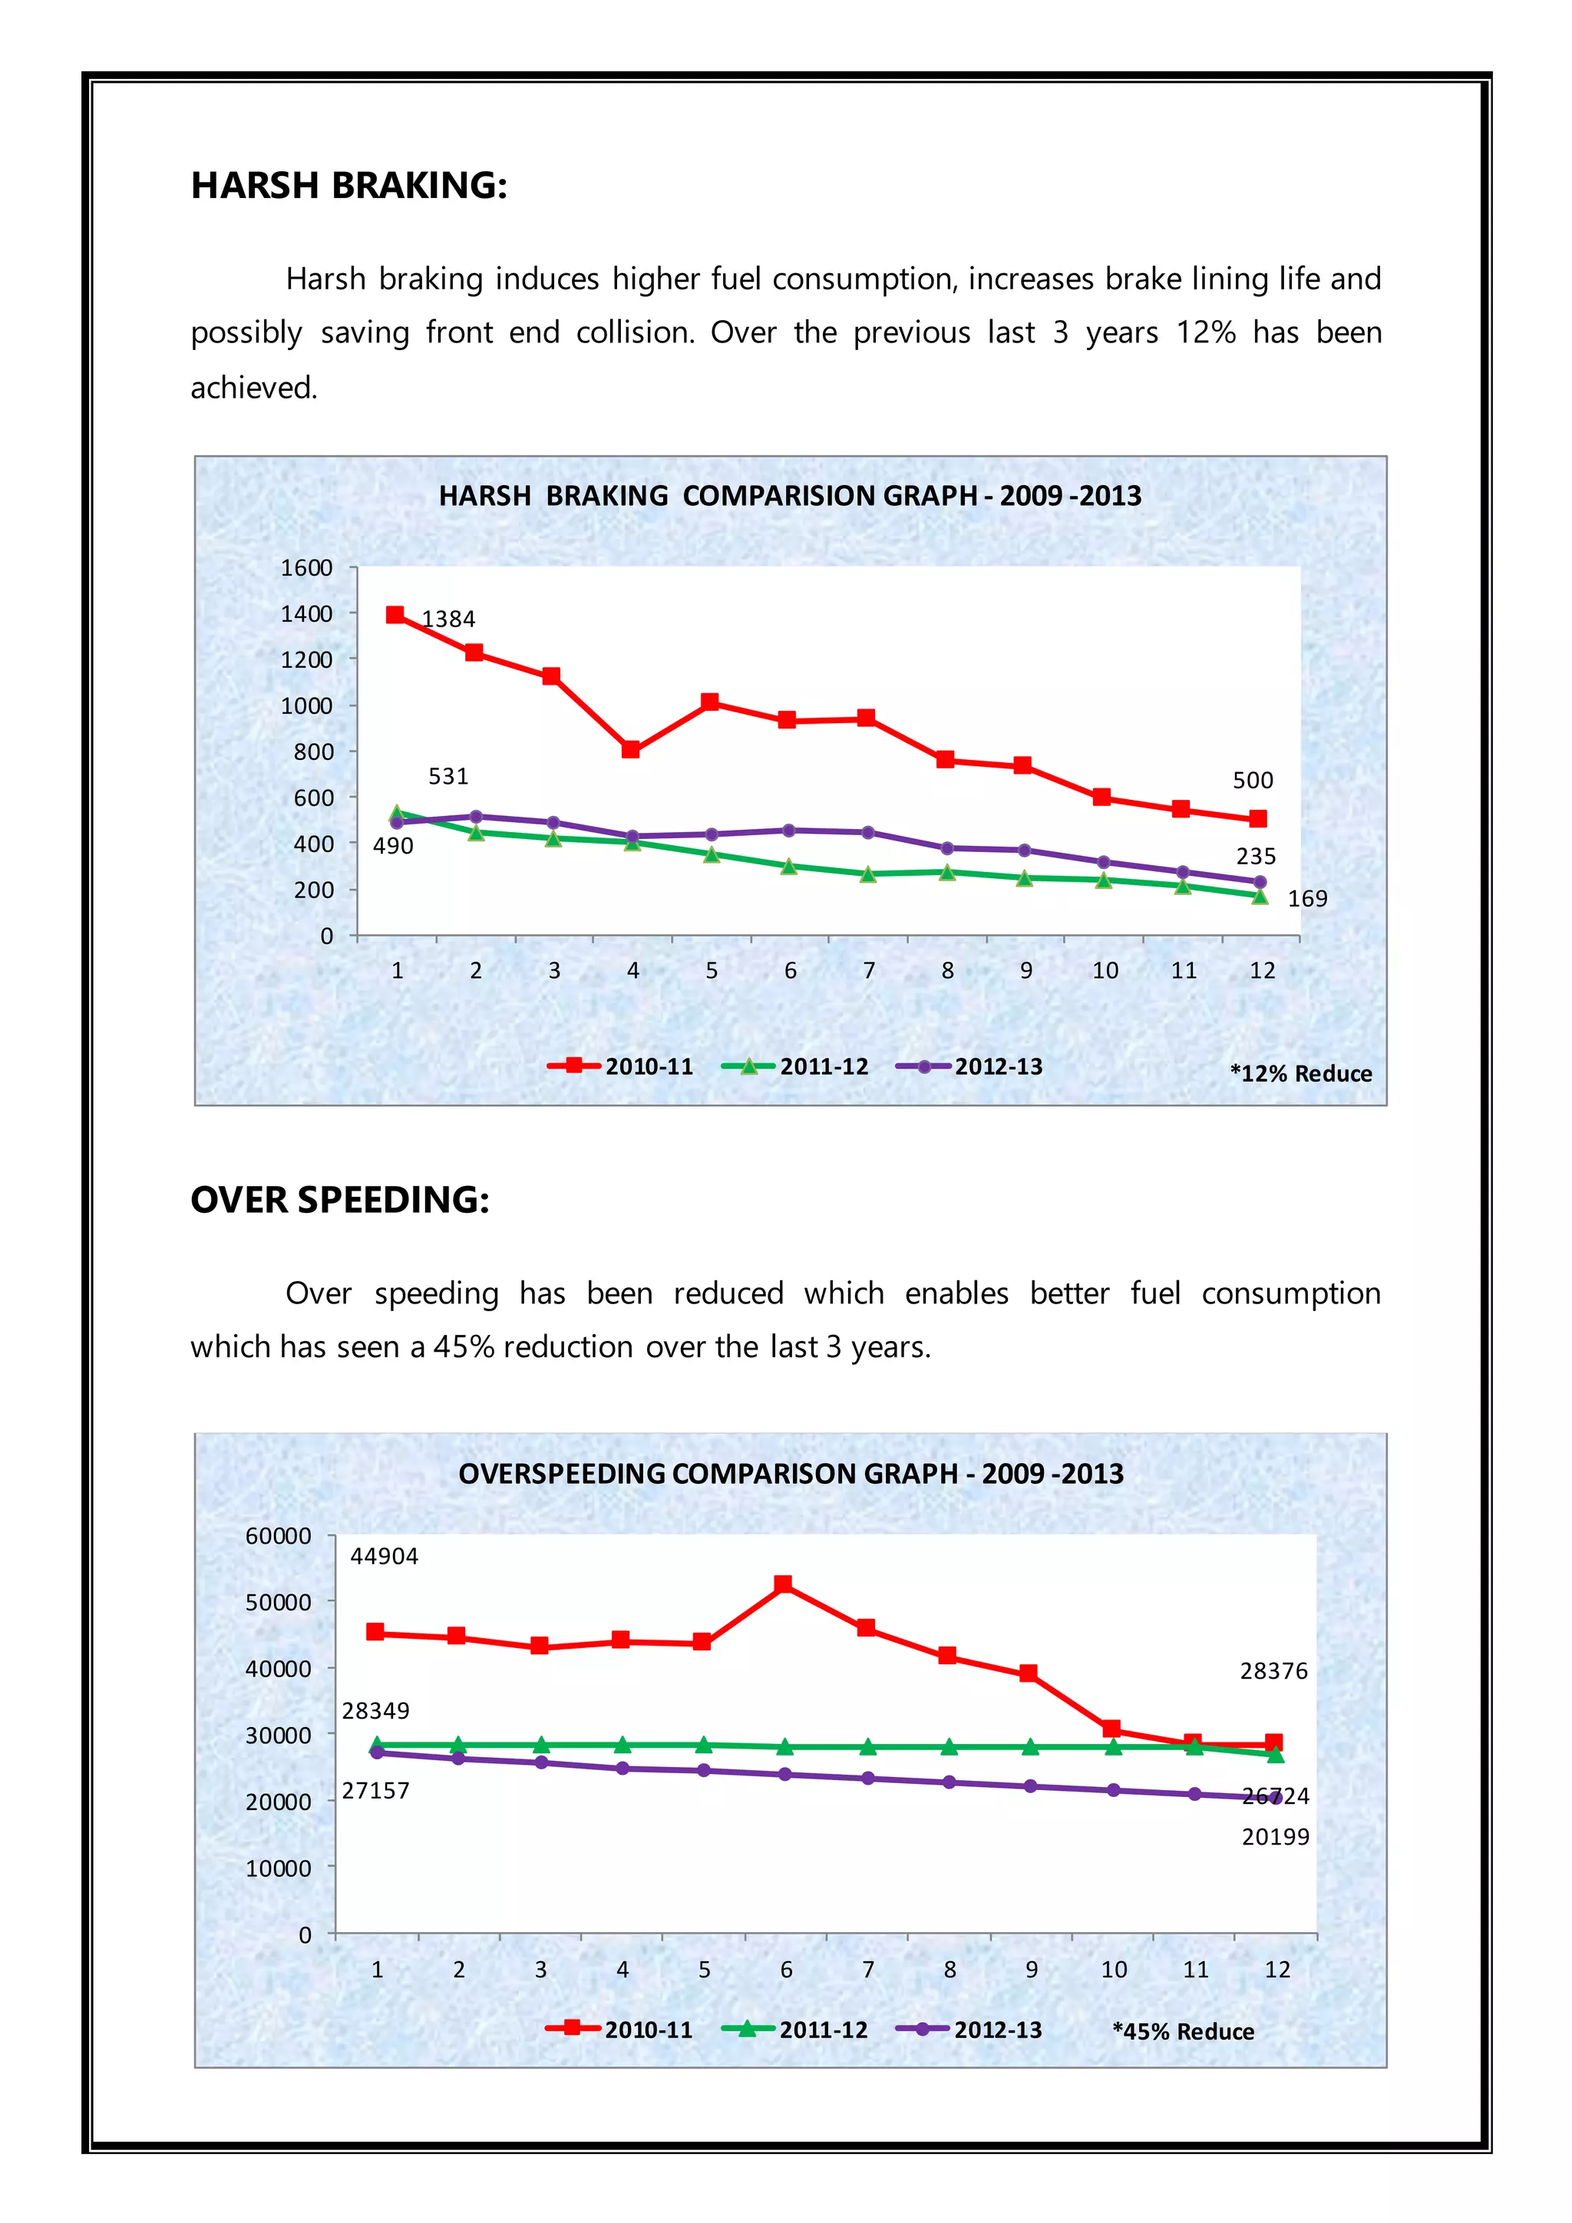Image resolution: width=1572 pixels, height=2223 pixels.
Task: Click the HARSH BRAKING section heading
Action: click(348, 185)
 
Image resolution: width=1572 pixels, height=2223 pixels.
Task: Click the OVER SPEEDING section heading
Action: click(340, 1200)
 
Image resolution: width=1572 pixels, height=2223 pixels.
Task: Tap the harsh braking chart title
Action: click(790, 496)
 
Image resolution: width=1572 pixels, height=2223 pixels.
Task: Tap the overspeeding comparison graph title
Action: click(790, 1474)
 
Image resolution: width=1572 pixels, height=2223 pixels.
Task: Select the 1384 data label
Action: click(448, 619)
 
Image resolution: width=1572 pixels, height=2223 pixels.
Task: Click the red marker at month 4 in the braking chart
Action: click(631, 749)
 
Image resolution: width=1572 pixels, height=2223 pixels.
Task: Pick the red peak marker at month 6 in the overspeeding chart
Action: click(783, 1584)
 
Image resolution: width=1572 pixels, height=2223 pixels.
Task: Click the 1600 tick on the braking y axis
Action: click(306, 568)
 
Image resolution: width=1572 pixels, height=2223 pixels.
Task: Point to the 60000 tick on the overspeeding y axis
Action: click(278, 1537)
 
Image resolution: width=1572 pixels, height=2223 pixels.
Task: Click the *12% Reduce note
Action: click(1300, 1074)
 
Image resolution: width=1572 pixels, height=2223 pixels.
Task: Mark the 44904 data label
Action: click(385, 1556)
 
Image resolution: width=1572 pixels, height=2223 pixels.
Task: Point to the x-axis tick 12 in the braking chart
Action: click(1261, 970)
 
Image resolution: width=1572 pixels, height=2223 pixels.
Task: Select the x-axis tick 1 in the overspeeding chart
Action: click(378, 1970)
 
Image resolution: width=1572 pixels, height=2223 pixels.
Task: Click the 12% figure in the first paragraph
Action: click(1205, 332)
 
